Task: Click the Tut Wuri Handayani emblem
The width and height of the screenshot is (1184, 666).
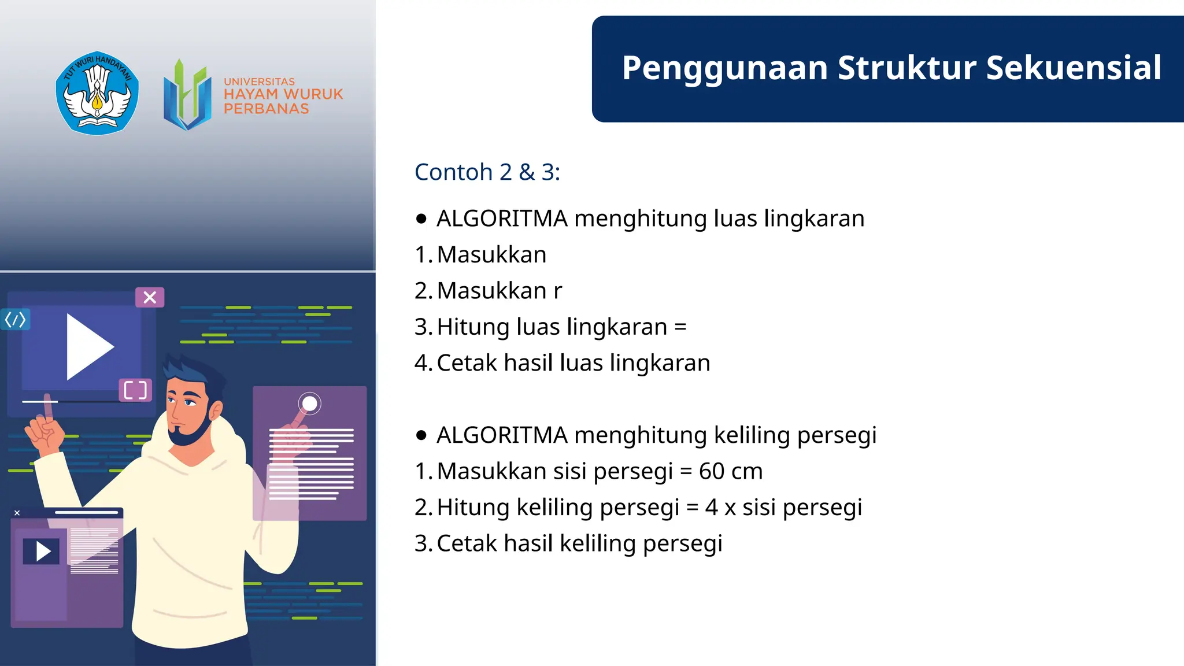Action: point(97,93)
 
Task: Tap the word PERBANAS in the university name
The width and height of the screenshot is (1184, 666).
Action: point(266,109)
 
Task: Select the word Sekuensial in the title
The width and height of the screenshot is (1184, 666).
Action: point(1074,68)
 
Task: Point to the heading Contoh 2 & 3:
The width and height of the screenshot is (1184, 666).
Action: point(487,172)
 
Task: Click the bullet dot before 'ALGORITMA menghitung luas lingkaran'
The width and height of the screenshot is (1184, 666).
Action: point(421,219)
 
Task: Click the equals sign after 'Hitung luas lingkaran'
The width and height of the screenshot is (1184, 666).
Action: point(680,327)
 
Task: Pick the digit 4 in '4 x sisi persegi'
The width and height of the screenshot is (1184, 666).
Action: point(711,508)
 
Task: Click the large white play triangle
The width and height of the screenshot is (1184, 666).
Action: point(88,347)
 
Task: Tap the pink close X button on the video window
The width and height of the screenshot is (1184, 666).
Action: point(150,297)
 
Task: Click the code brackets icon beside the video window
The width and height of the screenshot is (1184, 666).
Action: point(15,319)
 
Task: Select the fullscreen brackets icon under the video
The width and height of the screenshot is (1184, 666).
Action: point(135,390)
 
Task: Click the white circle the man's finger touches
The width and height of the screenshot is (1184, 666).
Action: point(310,403)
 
